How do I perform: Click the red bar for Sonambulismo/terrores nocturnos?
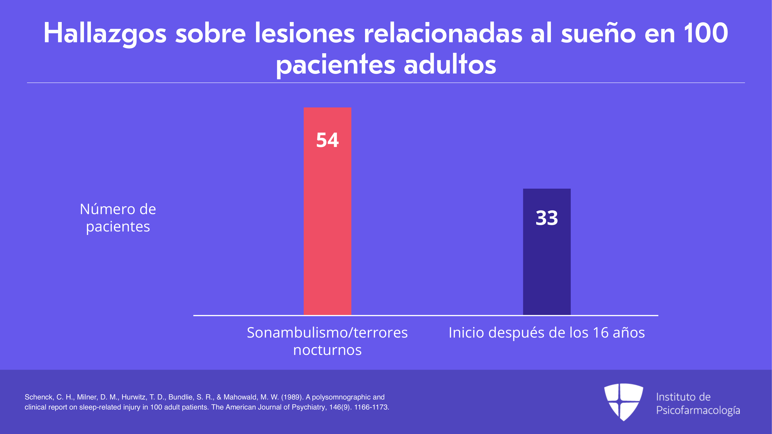(x=327, y=211)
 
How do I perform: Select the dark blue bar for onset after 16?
(x=547, y=252)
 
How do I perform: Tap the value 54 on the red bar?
(x=327, y=140)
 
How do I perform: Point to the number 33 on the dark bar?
(x=547, y=218)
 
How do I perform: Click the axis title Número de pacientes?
(x=118, y=218)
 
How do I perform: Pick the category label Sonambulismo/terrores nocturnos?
(x=327, y=341)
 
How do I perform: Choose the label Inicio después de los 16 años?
(x=547, y=333)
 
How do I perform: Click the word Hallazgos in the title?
(x=105, y=34)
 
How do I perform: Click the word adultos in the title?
(x=450, y=64)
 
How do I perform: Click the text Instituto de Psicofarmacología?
(x=698, y=404)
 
